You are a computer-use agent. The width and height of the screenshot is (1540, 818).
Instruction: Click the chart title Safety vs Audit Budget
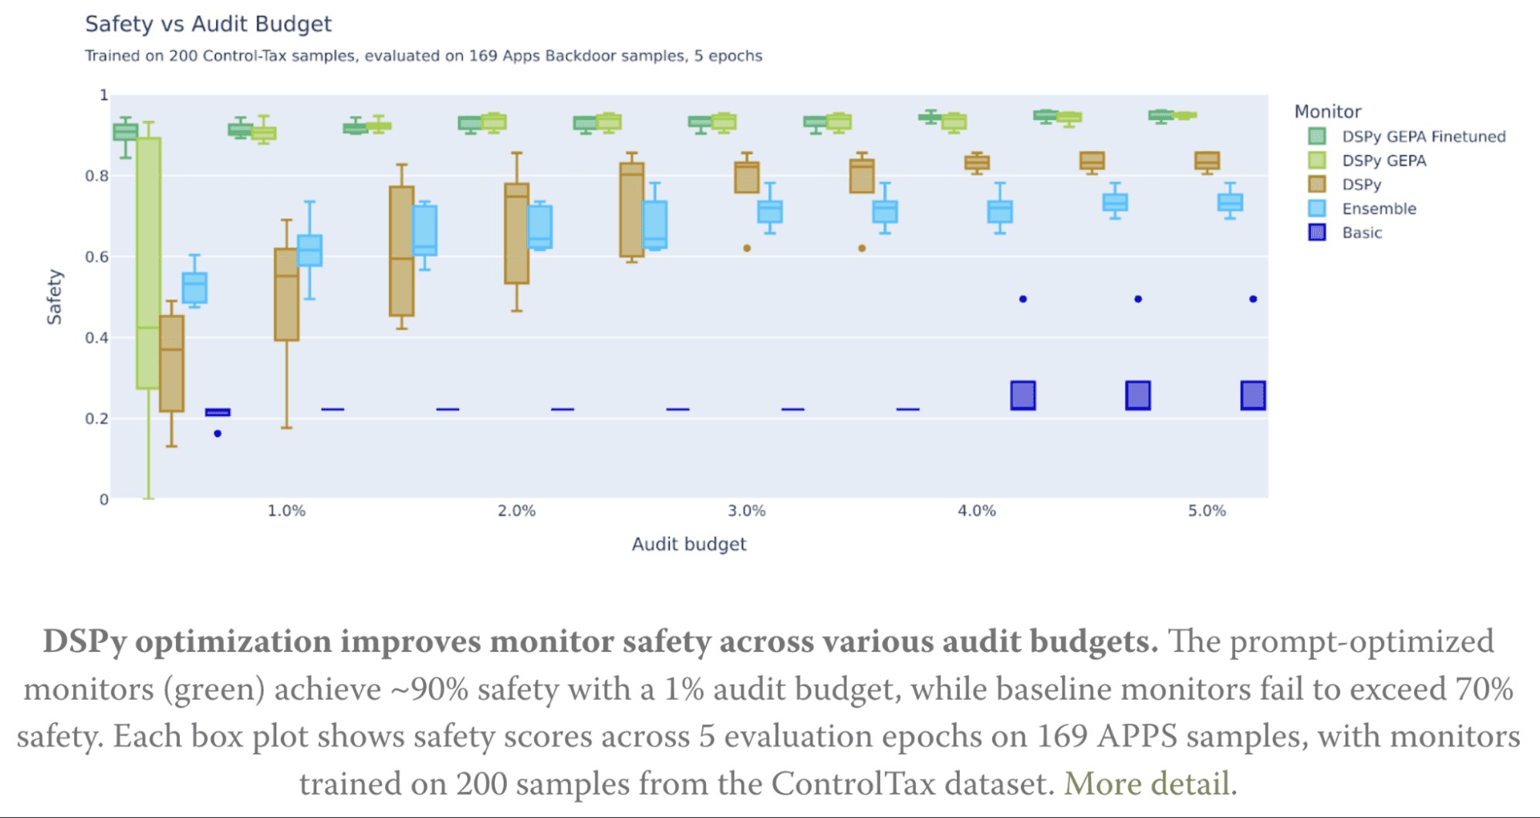point(208,24)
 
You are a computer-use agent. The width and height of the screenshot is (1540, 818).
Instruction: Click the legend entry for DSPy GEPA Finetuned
point(1423,137)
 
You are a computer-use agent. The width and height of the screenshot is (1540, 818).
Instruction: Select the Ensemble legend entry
point(1378,208)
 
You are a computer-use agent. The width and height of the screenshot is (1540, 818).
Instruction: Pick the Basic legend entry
point(1361,232)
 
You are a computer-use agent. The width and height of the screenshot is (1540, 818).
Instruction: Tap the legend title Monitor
point(1327,111)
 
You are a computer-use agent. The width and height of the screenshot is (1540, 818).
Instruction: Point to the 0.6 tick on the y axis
point(96,257)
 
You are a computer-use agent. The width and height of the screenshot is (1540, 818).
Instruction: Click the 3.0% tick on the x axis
point(746,511)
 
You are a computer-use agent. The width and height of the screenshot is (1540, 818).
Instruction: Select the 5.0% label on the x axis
point(1206,511)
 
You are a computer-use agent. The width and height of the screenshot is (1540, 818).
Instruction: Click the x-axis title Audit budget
point(688,544)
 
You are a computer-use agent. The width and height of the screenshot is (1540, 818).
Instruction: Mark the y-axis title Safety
point(54,296)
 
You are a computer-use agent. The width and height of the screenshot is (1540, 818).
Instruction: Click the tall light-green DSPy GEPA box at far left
point(148,262)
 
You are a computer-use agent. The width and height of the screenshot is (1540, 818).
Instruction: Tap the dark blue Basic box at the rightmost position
point(1252,395)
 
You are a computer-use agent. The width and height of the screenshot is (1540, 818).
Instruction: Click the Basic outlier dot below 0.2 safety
point(218,434)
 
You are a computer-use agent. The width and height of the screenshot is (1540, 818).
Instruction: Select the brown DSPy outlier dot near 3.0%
point(746,248)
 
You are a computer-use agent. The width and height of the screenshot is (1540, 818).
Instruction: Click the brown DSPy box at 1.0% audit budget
point(286,294)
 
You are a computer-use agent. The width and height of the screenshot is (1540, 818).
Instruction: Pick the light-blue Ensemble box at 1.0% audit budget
point(309,251)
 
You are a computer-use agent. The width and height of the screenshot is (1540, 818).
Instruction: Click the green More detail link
point(1146,784)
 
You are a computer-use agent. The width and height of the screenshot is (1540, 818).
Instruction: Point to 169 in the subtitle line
point(482,56)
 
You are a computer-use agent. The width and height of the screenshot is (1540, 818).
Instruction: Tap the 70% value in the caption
point(1483,688)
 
